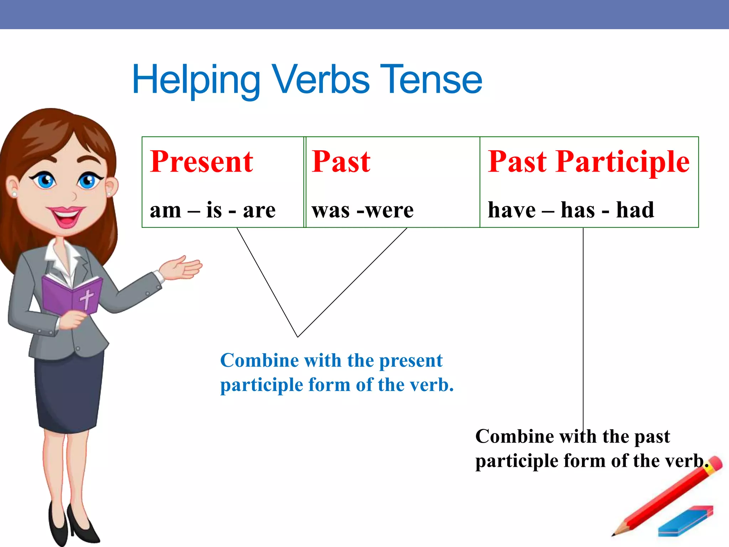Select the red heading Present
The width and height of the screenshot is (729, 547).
201,162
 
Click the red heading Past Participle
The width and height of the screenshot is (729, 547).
588,162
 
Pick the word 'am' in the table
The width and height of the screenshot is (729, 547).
166,210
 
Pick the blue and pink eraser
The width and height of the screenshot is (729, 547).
685,522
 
